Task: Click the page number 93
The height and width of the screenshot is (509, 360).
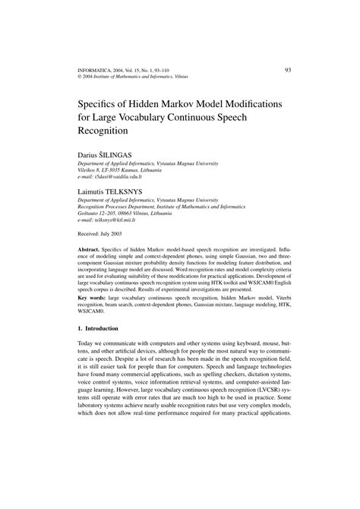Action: pos(288,70)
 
